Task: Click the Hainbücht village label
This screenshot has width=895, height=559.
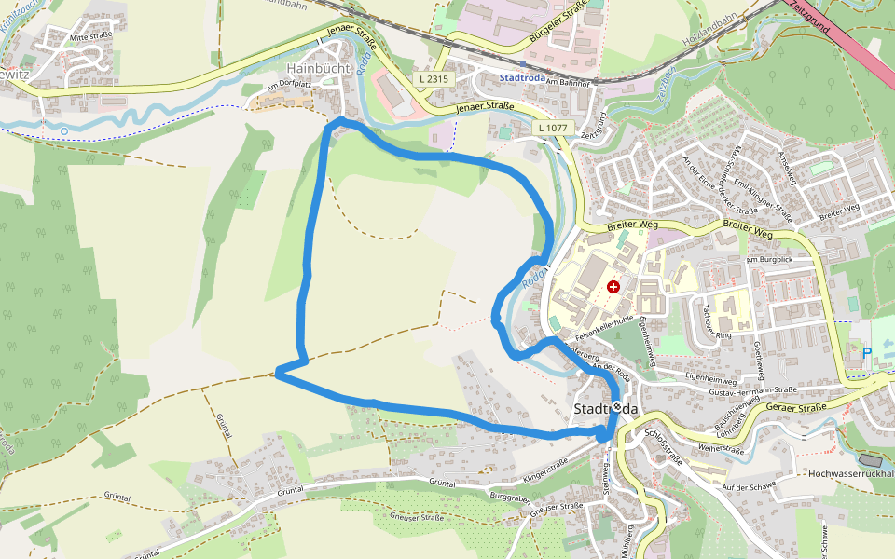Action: click(318, 68)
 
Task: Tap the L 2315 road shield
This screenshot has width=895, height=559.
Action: click(434, 80)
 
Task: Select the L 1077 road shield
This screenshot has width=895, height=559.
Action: click(553, 126)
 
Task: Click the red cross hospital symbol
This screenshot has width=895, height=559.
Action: click(613, 287)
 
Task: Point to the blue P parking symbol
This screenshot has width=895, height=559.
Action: click(867, 353)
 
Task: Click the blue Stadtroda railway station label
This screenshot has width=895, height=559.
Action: click(520, 76)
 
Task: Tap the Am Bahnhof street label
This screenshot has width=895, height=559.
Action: click(570, 83)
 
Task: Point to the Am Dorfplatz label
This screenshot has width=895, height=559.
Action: click(286, 86)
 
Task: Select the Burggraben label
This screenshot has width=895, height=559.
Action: click(509, 499)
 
